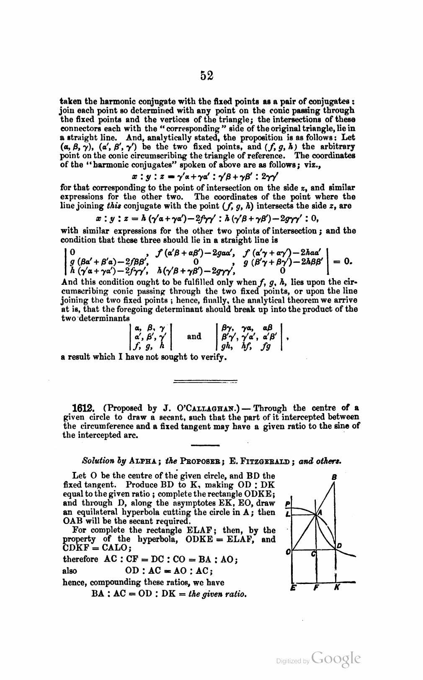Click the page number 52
206,76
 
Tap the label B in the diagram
334,477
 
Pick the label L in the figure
287,514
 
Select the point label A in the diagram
320,513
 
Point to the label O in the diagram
288,553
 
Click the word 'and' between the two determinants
194,336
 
